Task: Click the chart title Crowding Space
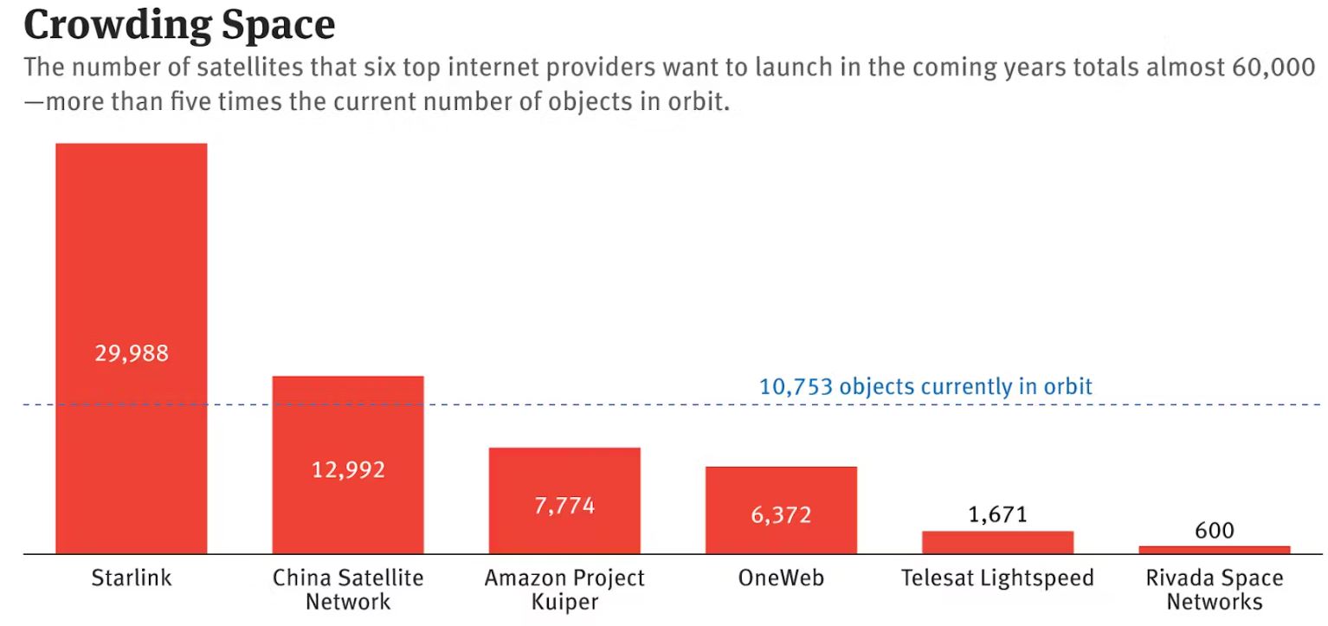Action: [179, 26]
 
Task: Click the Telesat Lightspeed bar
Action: [997, 542]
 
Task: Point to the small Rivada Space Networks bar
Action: [1214, 550]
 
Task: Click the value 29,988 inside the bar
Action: [132, 353]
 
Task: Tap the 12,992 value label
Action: [348, 470]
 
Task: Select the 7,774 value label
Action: [564, 506]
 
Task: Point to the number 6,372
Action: [781, 515]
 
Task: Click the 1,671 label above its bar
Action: [997, 515]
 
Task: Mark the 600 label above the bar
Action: [1214, 530]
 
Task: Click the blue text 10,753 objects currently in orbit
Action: [925, 386]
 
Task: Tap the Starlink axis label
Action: [132, 578]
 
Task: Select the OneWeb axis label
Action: [781, 578]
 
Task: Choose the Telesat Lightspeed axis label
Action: [997, 578]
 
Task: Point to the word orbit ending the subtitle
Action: [699, 103]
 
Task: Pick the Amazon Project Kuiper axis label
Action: [564, 589]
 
